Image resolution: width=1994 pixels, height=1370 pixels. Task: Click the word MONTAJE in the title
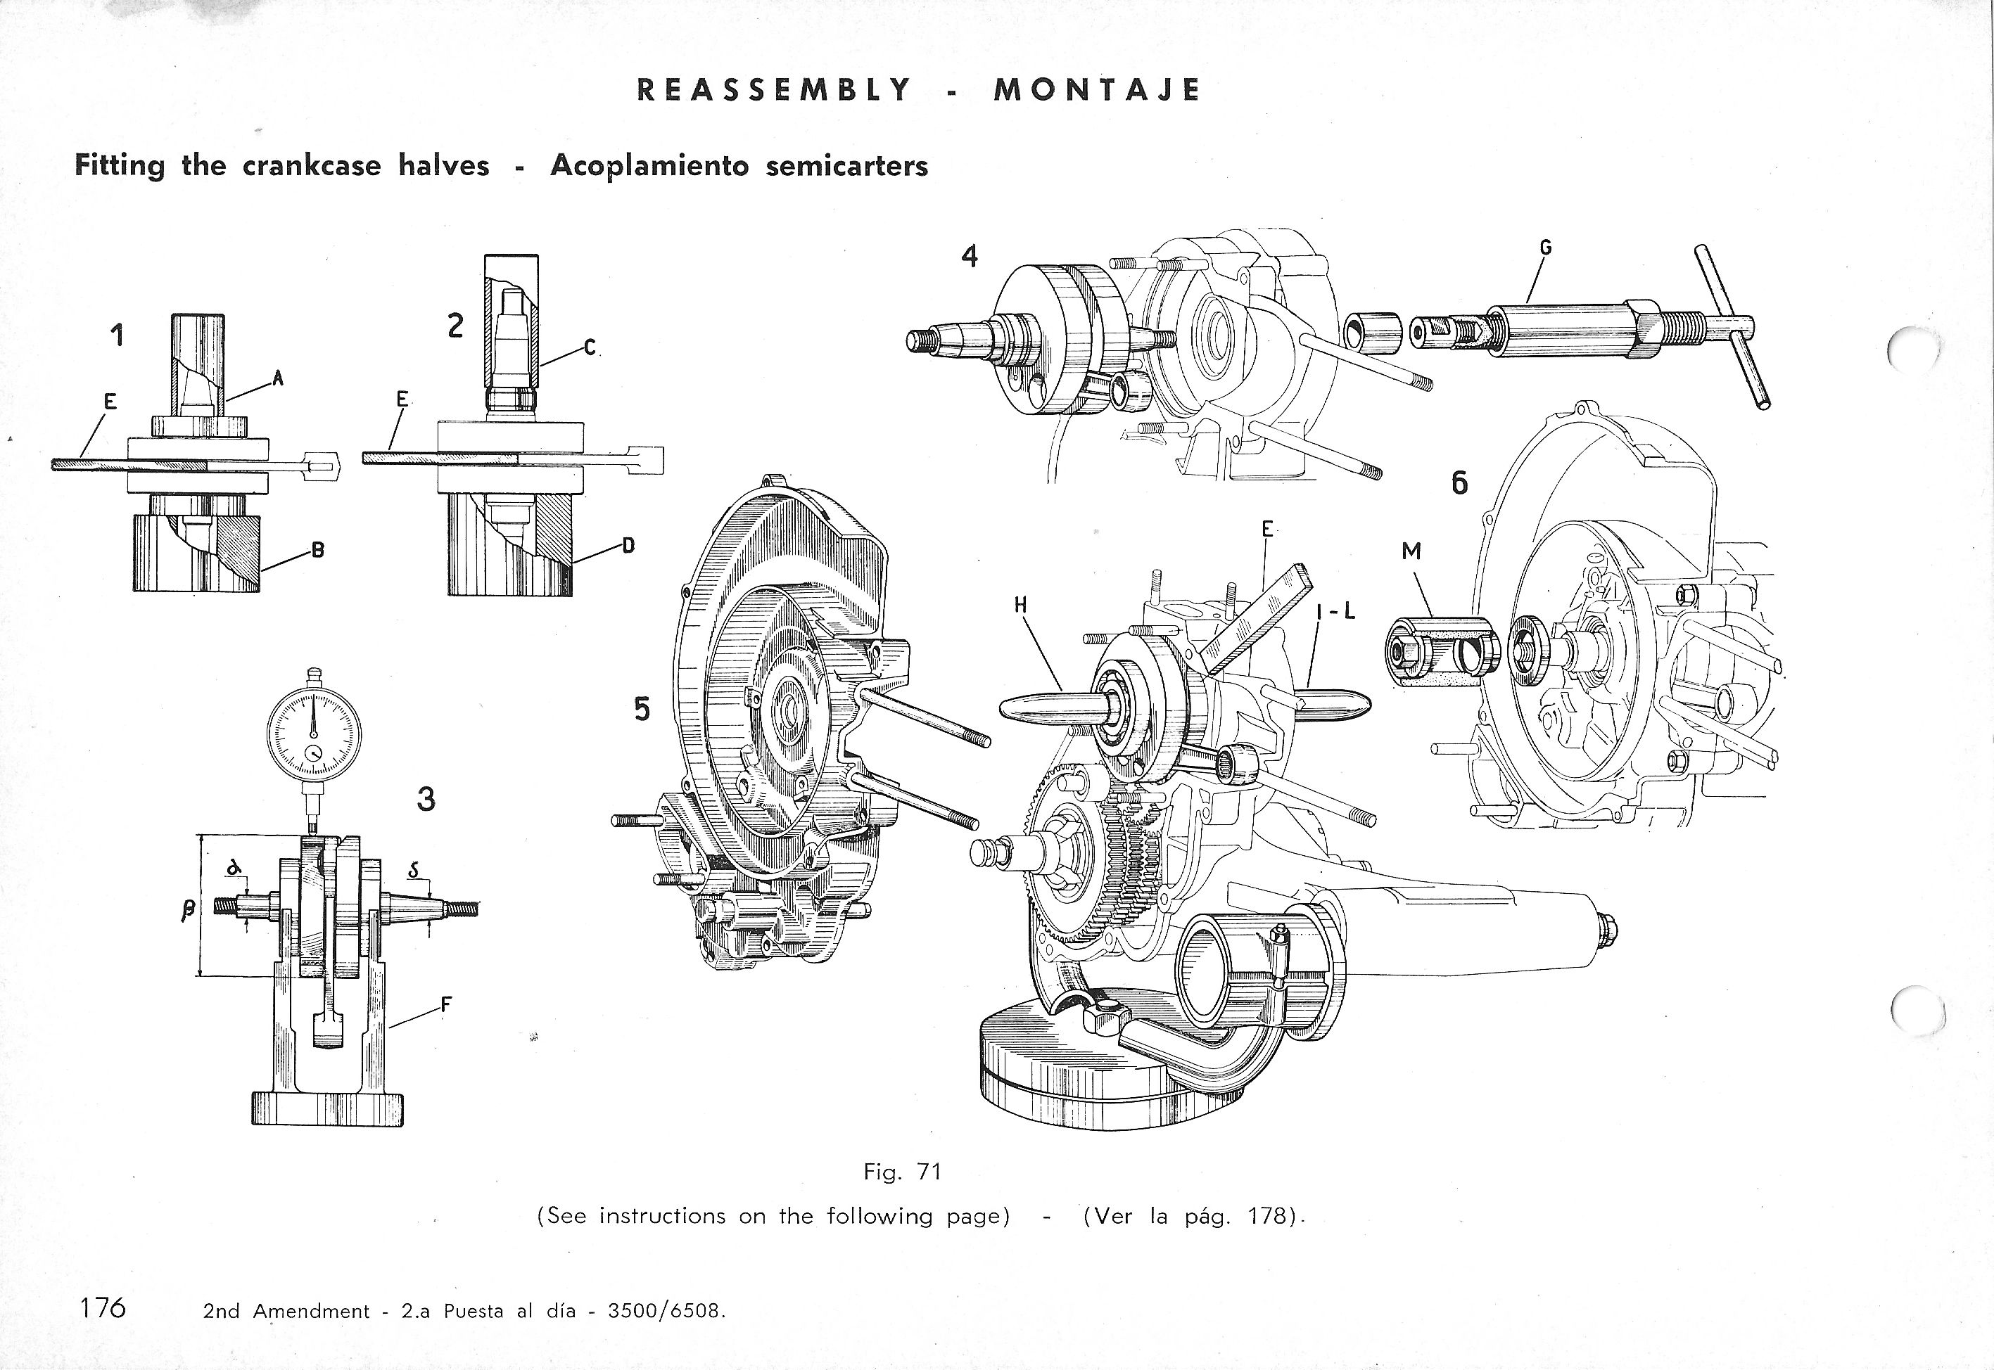point(1097,90)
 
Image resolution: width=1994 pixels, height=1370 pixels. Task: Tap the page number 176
point(102,1307)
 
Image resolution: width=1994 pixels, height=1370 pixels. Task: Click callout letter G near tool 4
point(1546,248)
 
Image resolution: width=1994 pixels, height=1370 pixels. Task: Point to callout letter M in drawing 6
point(1411,552)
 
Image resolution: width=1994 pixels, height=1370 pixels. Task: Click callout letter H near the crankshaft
point(1020,605)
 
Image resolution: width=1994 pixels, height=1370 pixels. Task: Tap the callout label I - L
point(1335,611)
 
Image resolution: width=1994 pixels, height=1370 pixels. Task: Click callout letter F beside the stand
point(445,1005)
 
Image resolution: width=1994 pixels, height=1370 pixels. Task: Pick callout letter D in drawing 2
point(628,544)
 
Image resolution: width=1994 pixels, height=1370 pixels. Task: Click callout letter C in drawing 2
point(589,347)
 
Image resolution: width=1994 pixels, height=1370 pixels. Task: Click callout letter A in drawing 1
point(277,378)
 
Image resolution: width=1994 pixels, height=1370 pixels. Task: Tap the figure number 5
point(642,709)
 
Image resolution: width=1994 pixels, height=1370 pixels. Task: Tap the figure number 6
point(1459,484)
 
